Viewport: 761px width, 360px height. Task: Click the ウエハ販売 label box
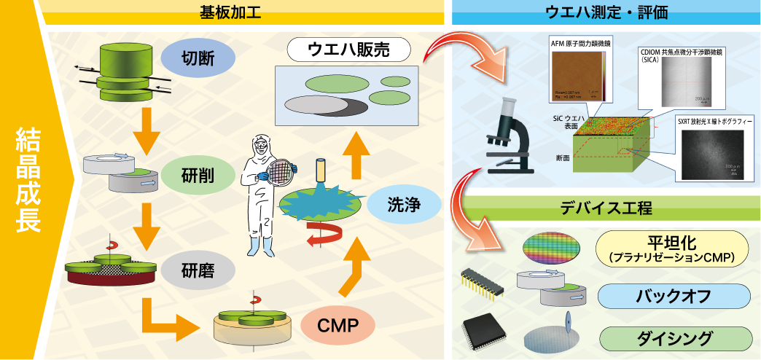click(x=349, y=50)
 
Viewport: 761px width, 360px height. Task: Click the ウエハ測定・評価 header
click(x=606, y=12)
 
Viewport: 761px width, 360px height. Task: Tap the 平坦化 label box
click(x=673, y=248)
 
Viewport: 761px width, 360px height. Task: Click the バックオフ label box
click(x=673, y=296)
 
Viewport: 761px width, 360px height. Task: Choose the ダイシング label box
click(x=673, y=338)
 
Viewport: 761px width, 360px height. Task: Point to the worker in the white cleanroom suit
click(x=261, y=192)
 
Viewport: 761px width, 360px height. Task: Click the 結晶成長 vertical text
click(x=28, y=180)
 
